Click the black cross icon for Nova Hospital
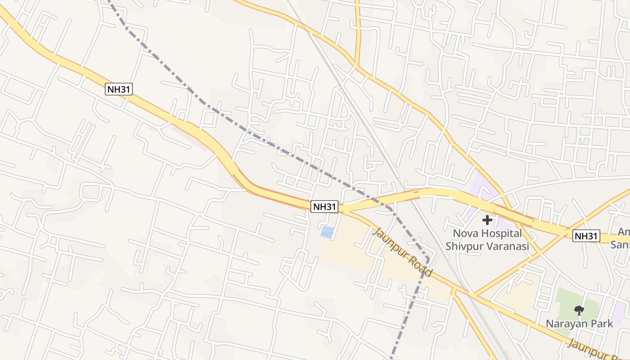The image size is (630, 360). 487,220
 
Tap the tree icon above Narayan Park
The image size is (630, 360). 579,310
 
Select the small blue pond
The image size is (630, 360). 327,232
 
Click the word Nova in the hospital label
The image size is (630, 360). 466,234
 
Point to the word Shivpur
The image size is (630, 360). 463,246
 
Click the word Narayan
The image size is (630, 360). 563,324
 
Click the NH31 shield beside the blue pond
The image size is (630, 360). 324,207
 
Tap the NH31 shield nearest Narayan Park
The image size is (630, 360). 586,235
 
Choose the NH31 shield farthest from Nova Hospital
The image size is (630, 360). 119,89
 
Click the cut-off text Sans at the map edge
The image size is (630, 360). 620,245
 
